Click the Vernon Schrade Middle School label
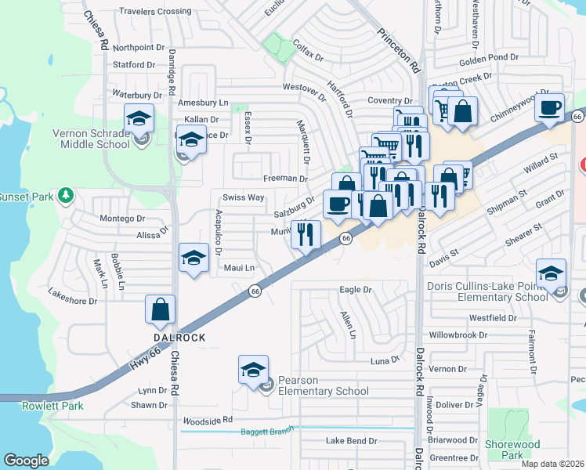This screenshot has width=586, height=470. (x=91, y=139)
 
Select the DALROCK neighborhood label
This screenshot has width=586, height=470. (x=179, y=337)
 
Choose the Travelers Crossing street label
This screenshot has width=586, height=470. (x=154, y=12)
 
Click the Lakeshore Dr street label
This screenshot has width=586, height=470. (x=72, y=300)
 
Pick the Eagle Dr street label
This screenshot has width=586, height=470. (x=356, y=290)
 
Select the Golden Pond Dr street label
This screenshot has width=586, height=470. (x=489, y=58)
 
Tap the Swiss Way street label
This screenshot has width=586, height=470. (x=244, y=197)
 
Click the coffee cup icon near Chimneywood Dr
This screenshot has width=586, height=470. (x=550, y=107)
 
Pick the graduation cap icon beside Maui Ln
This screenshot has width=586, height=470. (x=193, y=258)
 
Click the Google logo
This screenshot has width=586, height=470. (x=27, y=461)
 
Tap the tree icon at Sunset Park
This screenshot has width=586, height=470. (x=67, y=194)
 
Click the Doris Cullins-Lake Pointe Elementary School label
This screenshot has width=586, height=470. (x=488, y=291)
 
